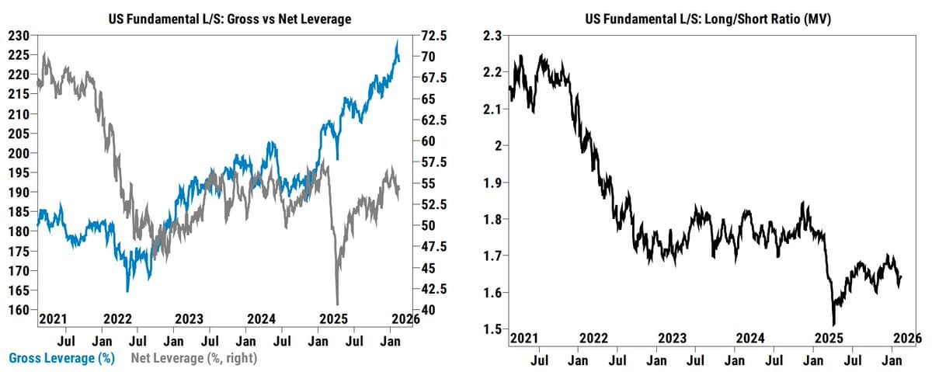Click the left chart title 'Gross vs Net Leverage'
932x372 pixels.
(230, 19)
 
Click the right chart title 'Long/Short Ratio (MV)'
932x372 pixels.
(708, 19)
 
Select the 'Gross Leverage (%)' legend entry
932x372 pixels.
(62, 358)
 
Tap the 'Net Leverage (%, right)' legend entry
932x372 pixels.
(193, 358)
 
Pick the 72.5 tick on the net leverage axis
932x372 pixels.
(433, 36)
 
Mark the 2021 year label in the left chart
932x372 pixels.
(54, 318)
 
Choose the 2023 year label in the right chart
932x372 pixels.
(672, 338)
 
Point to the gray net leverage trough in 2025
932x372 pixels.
(337, 304)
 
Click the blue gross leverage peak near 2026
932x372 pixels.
(397, 40)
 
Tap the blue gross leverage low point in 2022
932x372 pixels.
(127, 290)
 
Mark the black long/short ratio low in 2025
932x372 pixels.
(833, 325)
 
